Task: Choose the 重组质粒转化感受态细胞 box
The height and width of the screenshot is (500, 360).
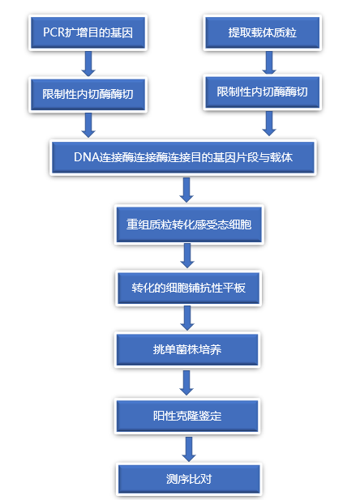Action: (x=187, y=223)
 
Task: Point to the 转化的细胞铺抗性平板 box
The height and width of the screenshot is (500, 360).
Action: (x=187, y=288)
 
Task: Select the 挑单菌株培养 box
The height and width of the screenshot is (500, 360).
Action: (x=187, y=349)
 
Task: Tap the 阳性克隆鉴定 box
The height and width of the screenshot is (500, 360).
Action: (x=187, y=416)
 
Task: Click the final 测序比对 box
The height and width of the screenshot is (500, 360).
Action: (x=187, y=477)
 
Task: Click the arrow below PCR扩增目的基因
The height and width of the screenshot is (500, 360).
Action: (x=88, y=62)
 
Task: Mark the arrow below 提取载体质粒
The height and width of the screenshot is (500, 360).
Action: (x=268, y=62)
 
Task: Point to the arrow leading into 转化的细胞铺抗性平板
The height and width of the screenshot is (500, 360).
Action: (x=187, y=255)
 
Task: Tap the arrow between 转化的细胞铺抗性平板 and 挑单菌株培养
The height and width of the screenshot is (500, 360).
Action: (x=187, y=318)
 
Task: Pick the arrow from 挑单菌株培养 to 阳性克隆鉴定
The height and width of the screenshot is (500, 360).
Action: (x=187, y=382)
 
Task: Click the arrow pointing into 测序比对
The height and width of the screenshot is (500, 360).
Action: (x=189, y=447)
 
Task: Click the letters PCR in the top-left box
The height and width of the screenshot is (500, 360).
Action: (x=55, y=35)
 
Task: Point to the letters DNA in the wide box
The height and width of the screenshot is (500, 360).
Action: (x=87, y=156)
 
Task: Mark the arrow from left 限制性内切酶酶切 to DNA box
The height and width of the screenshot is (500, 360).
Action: (x=88, y=126)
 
